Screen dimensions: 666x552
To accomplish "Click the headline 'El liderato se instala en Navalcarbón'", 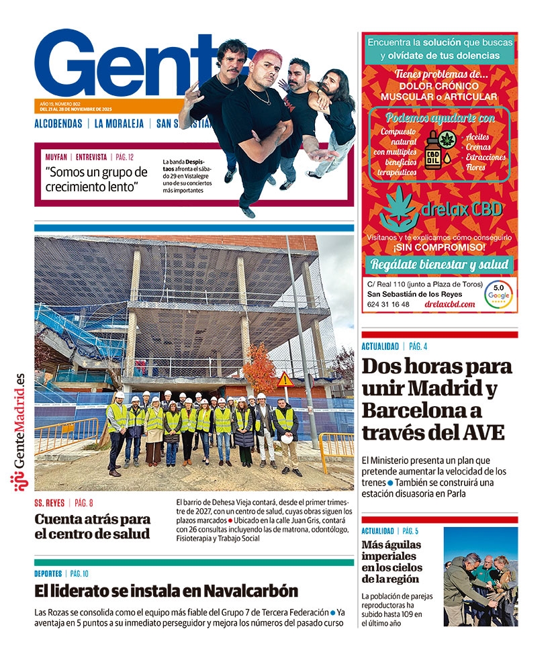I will pyautogui.click(x=166, y=591).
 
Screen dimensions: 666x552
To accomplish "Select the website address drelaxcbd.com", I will pyautogui.click(x=450, y=304).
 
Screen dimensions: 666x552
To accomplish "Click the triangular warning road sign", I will pyautogui.click(x=286, y=380).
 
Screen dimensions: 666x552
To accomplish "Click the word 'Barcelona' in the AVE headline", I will pyautogui.click(x=410, y=410).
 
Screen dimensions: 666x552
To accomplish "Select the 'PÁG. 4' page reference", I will pyautogui.click(x=418, y=346).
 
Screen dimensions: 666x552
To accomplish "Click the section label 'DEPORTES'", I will pyautogui.click(x=48, y=573).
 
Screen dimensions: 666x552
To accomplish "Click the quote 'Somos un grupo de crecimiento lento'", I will pyautogui.click(x=96, y=179).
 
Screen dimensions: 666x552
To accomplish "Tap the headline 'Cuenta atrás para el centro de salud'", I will pyautogui.click(x=92, y=526).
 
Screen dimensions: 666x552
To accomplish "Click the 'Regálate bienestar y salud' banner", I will pyautogui.click(x=440, y=264).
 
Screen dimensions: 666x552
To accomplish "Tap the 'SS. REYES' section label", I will pyautogui.click(x=50, y=503).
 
